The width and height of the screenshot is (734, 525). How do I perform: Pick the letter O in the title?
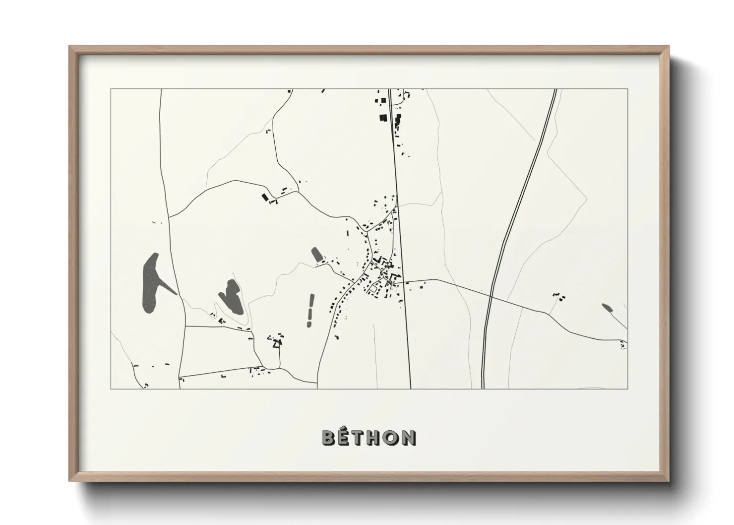pyautogui.click(x=392, y=437)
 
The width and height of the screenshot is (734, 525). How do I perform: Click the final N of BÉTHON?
pyautogui.click(x=408, y=437)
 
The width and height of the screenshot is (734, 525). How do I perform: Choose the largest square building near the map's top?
pyautogui.click(x=382, y=118)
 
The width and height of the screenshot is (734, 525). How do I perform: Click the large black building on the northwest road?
pyautogui.click(x=265, y=197)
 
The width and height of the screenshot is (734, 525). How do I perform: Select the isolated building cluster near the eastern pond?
pyautogui.click(x=559, y=296)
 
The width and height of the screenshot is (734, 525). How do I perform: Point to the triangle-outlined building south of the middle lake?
pyautogui.click(x=278, y=342)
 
